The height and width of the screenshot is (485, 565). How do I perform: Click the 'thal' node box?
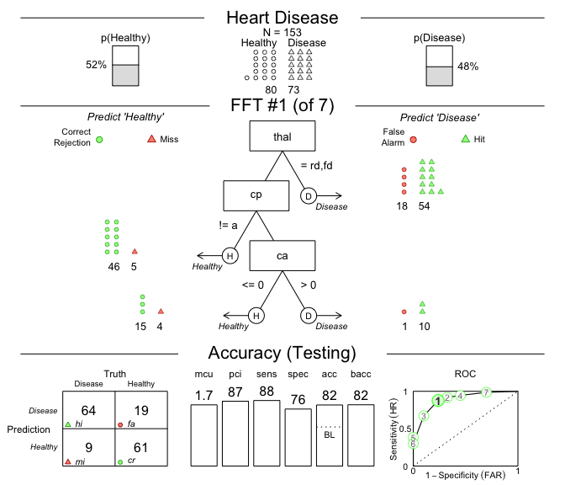click(x=282, y=136)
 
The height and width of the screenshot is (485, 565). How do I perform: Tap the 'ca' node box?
click(x=282, y=255)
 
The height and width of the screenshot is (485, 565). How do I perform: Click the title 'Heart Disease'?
click(x=282, y=18)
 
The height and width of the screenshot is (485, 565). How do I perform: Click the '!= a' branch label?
click(x=229, y=225)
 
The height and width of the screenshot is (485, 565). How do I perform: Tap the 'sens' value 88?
click(x=267, y=392)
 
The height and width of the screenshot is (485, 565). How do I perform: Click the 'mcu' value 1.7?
click(x=203, y=395)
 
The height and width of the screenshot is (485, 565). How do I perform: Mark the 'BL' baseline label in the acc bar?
click(x=329, y=436)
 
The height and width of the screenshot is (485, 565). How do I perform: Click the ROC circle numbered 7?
click(x=486, y=392)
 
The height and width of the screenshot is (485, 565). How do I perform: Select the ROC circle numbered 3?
click(x=425, y=416)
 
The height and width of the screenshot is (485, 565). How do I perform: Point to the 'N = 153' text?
click(x=282, y=32)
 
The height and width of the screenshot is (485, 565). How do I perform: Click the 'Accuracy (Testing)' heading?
click(x=282, y=353)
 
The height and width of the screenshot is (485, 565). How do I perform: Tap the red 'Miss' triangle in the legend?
click(x=151, y=139)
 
